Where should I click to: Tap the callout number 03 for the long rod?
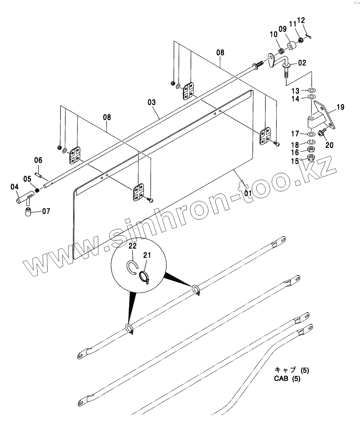[x=151, y=102]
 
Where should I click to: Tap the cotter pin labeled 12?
[x=309, y=35]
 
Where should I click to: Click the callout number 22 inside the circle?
[x=133, y=246]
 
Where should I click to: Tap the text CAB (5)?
[x=287, y=379]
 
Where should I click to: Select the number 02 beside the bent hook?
[x=302, y=63]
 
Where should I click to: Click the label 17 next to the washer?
[x=295, y=134]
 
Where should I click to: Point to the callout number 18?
[x=295, y=145]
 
